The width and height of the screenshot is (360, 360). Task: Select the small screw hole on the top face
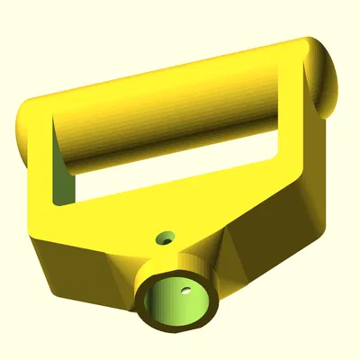click(164, 238)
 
